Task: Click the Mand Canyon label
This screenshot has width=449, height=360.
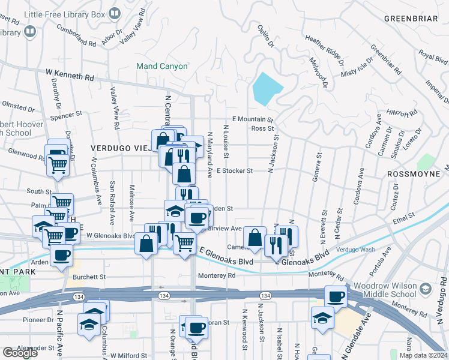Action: (x=161, y=66)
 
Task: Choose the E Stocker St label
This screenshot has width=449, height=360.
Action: (x=235, y=171)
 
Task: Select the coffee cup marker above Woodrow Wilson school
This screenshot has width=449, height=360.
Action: (x=336, y=296)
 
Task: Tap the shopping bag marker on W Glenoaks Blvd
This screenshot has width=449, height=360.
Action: (x=146, y=244)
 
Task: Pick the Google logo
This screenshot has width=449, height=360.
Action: (x=19, y=353)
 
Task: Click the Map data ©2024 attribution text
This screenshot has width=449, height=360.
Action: (x=423, y=355)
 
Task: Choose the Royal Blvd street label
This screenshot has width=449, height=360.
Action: (x=433, y=58)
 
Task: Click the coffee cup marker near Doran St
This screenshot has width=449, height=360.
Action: (x=196, y=328)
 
